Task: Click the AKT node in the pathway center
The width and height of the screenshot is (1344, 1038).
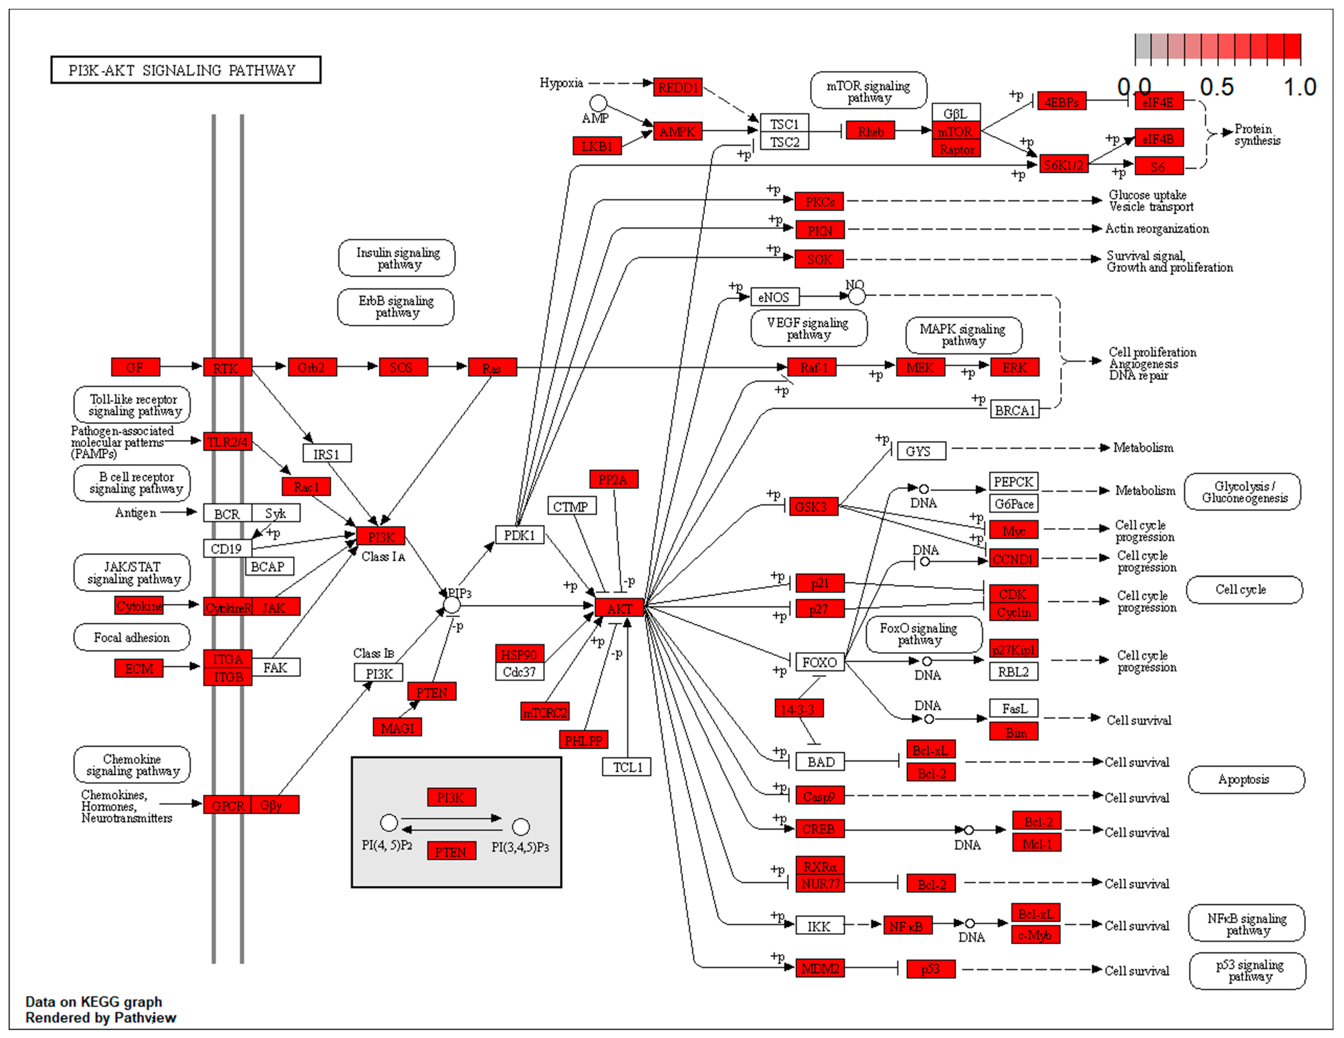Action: click(x=619, y=608)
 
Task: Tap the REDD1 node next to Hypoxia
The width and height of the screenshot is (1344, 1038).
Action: click(x=677, y=87)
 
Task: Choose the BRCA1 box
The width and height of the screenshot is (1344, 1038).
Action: click(x=1014, y=410)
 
